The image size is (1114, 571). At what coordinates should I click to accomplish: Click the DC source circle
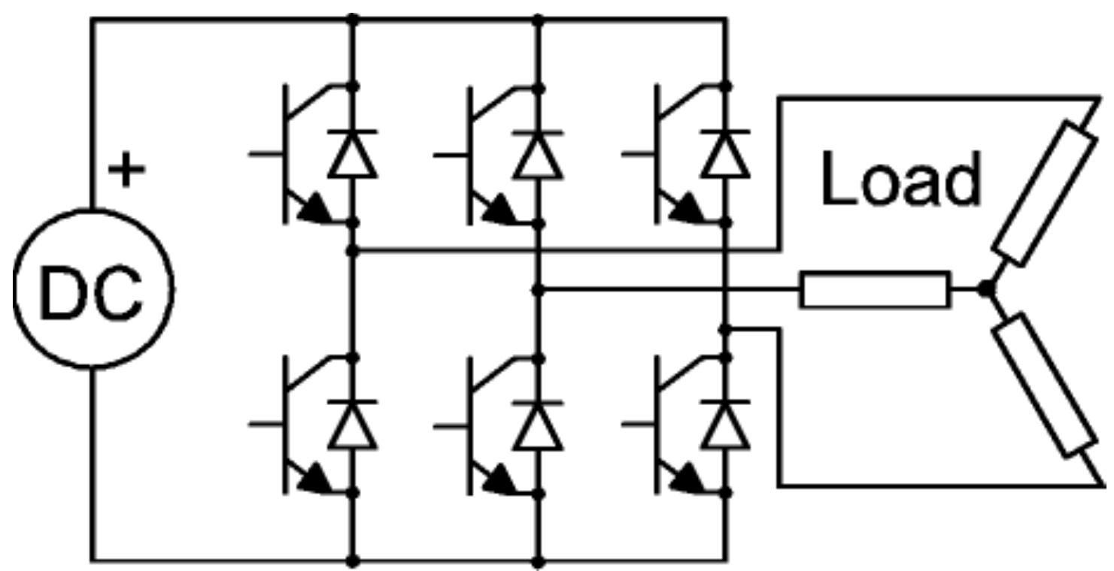click(x=93, y=289)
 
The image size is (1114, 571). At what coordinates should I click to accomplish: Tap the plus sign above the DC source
click(x=127, y=171)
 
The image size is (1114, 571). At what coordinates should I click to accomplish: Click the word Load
click(x=900, y=180)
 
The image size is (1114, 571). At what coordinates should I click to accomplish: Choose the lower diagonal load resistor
click(x=1044, y=384)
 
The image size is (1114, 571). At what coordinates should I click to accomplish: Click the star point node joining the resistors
click(x=985, y=289)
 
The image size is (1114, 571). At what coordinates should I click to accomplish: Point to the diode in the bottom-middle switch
click(x=538, y=426)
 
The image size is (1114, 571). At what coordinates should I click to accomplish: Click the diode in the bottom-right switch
click(x=725, y=426)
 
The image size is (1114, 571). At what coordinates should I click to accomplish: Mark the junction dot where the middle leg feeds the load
click(x=537, y=289)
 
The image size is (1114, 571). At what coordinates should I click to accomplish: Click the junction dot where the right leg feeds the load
click(x=724, y=329)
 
